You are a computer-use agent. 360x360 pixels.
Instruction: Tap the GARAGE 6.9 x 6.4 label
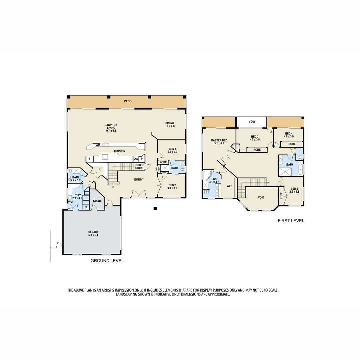93,234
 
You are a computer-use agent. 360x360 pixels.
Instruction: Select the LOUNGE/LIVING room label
112,128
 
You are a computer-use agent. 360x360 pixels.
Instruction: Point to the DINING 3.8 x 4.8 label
170,125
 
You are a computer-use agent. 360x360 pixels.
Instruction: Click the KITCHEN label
119,151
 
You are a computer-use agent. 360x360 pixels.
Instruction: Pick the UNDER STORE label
139,166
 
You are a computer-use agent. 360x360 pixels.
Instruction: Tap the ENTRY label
138,180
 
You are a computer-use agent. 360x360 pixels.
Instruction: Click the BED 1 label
172,150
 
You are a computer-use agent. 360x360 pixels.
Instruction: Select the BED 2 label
172,187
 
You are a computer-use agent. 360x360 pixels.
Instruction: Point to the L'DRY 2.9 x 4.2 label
77,196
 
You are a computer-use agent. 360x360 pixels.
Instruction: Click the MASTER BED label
219,142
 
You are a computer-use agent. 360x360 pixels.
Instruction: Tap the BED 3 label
255,138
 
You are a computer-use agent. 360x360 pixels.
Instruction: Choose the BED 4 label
289,135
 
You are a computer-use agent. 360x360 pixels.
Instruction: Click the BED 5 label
294,190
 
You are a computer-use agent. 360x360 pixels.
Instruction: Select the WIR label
229,186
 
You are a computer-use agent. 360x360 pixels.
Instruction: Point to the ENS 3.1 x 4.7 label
213,180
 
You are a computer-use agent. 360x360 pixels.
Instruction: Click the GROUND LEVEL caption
107,261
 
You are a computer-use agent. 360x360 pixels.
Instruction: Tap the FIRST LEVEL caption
291,221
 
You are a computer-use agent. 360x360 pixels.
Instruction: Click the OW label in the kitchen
136,159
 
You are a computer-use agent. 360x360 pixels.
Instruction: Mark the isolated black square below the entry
155,209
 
